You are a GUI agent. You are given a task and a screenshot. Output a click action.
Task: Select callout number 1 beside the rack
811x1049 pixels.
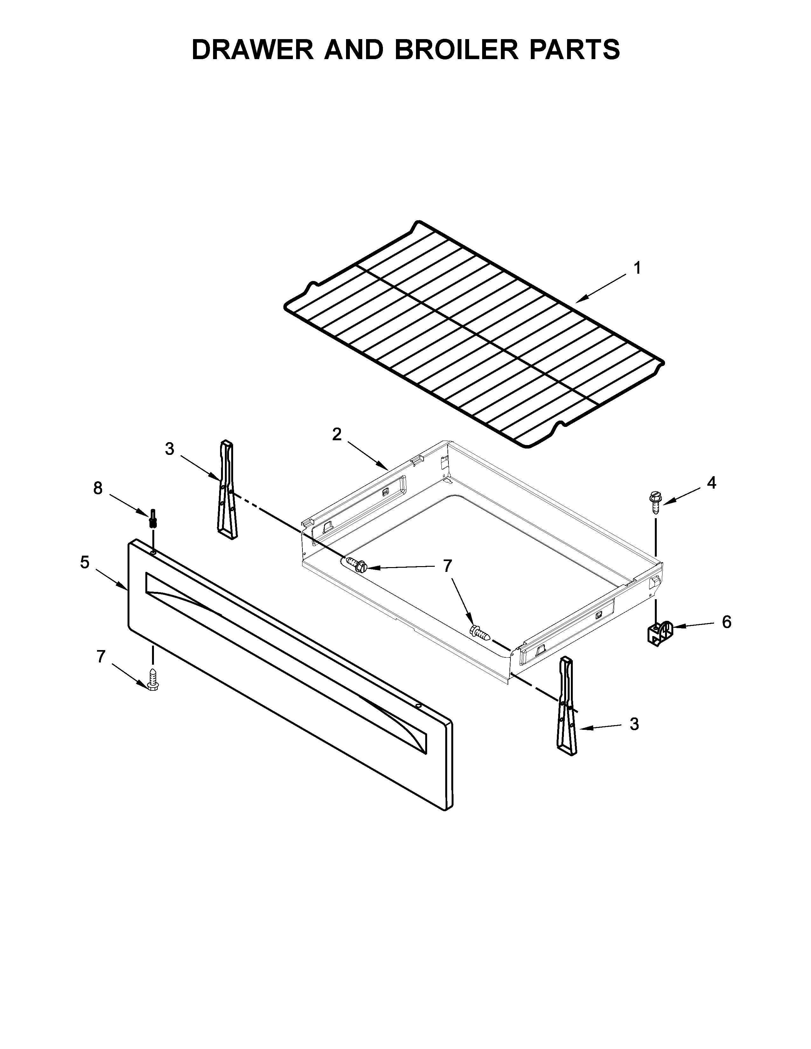pyautogui.click(x=637, y=268)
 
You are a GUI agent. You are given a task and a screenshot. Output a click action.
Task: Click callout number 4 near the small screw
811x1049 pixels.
pyautogui.click(x=711, y=483)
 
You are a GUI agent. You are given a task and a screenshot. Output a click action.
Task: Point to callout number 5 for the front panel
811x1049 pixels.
pyautogui.click(x=85, y=562)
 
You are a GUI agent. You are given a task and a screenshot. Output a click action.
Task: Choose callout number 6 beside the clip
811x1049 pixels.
pyautogui.click(x=726, y=622)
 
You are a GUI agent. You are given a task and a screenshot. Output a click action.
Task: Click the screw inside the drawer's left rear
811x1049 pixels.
pyautogui.click(x=356, y=564)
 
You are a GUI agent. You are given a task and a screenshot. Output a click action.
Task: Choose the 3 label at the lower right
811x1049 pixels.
pyautogui.click(x=634, y=724)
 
